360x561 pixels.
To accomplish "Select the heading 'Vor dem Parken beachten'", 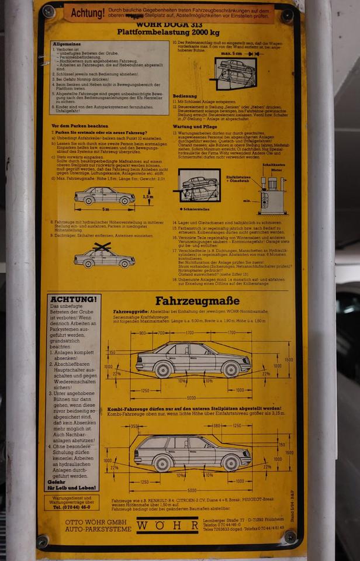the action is pyautogui.click(x=79, y=126).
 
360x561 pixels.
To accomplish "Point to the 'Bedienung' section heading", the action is pyautogui.click(x=184, y=95).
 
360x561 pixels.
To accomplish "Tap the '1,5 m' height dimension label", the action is pyautogui.click(x=148, y=197).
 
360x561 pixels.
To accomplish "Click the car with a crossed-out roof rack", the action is pyautogui.click(x=104, y=256).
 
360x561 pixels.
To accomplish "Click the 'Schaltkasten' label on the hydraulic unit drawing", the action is pyautogui.click(x=273, y=165).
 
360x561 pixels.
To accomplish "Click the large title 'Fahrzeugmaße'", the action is pyautogui.click(x=197, y=302).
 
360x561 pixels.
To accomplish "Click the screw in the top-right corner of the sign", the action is pyautogui.click(x=286, y=16).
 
